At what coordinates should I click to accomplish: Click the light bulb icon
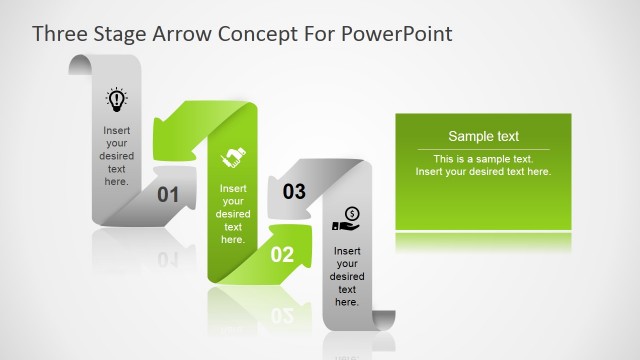116,99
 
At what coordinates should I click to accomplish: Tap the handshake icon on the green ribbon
232,157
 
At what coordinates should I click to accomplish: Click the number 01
168,195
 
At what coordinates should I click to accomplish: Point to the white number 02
283,254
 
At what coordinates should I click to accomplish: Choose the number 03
294,191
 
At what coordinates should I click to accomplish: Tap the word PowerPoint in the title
398,34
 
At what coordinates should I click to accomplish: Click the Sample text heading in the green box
483,137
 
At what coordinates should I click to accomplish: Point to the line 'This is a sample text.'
483,159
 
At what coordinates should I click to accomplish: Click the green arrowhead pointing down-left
171,138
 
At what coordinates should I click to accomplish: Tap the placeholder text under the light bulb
116,155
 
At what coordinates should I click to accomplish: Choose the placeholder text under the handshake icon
232,213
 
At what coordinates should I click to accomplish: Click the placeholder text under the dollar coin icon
347,276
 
